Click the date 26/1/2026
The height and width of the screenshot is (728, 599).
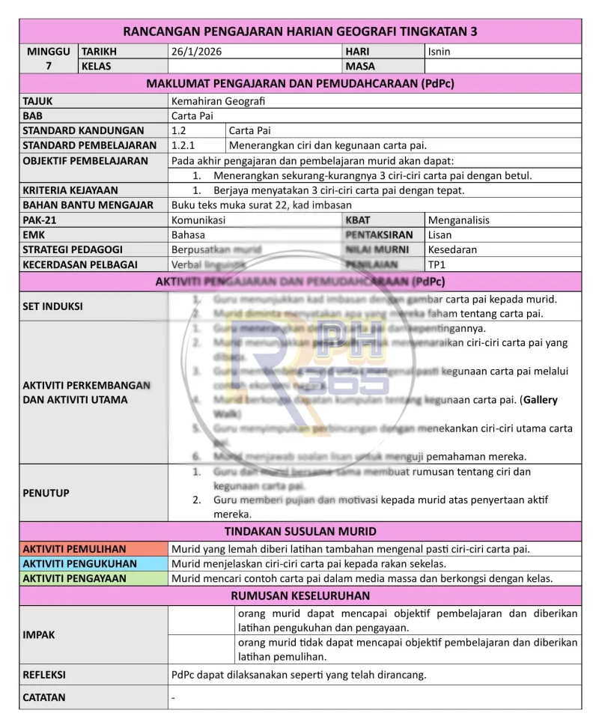pos(197,52)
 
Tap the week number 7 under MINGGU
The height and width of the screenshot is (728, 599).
pos(49,67)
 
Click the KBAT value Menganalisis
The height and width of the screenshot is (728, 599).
pos(458,220)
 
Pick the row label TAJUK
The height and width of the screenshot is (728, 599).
pos(38,100)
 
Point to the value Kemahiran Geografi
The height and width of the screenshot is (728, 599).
pos(218,100)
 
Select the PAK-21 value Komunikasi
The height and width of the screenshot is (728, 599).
pos(198,220)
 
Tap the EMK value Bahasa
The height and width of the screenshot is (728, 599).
pos(188,235)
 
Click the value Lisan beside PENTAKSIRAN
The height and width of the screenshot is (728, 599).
pos(440,235)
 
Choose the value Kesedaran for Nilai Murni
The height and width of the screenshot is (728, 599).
pos(452,249)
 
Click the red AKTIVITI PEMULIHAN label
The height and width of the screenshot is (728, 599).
pos(74,549)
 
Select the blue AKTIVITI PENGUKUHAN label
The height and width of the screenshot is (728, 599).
pos(79,563)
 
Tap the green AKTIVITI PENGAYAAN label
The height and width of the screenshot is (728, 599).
pos(74,578)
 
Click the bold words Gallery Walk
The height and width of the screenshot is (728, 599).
pos(540,400)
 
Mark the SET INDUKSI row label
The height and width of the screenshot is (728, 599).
pos(52,306)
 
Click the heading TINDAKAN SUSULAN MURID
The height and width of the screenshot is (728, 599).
pos(299,532)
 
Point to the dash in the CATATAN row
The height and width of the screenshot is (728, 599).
pos(173,697)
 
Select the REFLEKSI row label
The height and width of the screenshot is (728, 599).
pos(44,675)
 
